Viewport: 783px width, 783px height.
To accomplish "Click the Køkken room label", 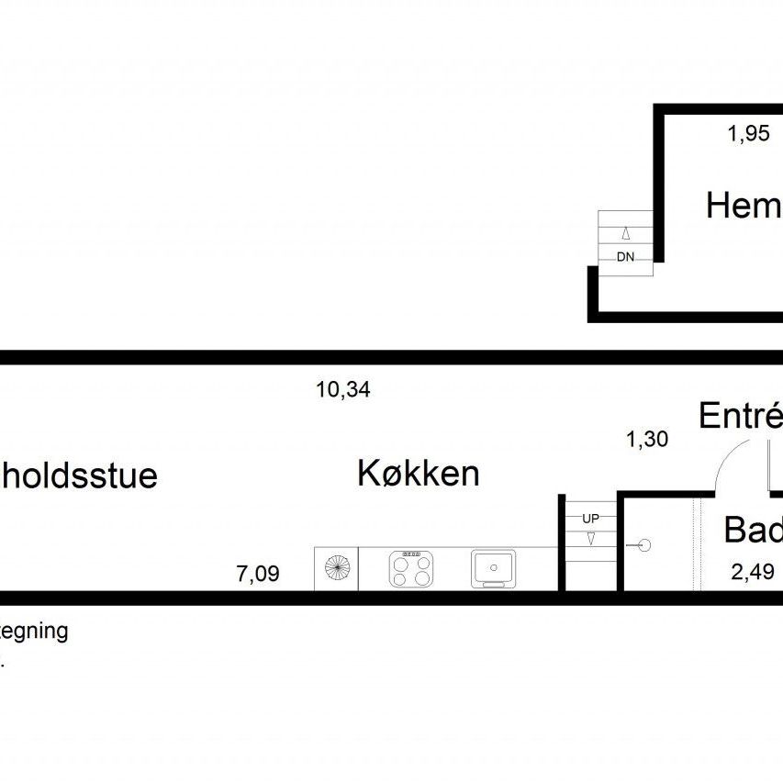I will [418, 475].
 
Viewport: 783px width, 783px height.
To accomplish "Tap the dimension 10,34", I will [342, 389].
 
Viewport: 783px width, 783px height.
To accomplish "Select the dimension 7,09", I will [257, 576].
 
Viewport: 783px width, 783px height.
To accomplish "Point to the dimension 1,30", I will [646, 440].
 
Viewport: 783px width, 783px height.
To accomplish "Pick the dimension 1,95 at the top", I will [748, 135].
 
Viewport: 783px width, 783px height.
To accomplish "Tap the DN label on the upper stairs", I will [625, 257].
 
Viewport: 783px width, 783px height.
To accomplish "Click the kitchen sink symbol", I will [494, 569].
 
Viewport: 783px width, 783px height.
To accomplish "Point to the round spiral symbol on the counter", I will [336, 569].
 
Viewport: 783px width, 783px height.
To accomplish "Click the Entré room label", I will [740, 416].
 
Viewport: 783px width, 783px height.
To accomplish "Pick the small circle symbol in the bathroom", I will [644, 545].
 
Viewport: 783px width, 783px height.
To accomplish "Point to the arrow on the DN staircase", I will [625, 232].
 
